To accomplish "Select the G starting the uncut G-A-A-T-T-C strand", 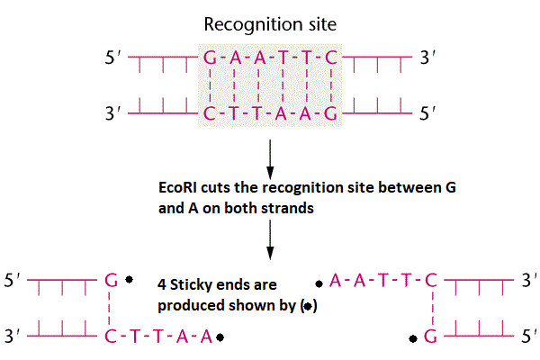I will coord(210,61).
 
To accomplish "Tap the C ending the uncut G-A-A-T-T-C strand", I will coord(332,61).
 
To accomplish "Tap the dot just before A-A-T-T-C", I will coord(319,281).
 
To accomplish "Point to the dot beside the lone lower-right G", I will coord(413,338).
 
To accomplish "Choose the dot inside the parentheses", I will coord(309,306).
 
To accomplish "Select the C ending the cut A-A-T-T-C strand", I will coord(430,280).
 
